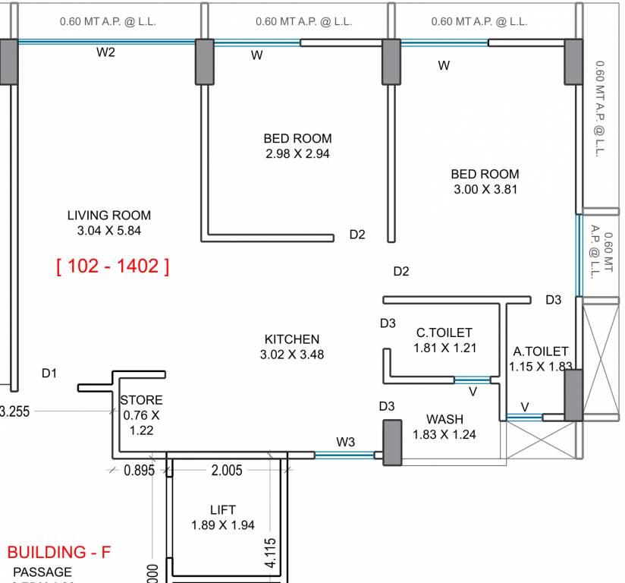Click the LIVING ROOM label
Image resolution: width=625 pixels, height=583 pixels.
tap(108, 216)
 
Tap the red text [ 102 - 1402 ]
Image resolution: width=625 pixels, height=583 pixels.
tap(112, 266)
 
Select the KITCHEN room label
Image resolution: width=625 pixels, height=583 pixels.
tap(291, 339)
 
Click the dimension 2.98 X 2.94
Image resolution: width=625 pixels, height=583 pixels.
tap(297, 153)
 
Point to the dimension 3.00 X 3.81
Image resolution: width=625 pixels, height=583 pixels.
tap(485, 189)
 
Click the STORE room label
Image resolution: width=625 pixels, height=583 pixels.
tap(141, 400)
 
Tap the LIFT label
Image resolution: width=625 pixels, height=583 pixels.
tap(222, 510)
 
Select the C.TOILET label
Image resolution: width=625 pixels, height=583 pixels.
tap(444, 332)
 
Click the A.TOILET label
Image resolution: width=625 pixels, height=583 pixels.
tap(541, 351)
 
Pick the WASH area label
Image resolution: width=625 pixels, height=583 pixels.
tap(444, 419)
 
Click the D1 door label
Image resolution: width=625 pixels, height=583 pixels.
tap(49, 373)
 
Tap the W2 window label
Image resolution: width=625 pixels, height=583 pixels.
tap(105, 52)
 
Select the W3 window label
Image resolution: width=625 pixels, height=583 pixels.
tap(346, 442)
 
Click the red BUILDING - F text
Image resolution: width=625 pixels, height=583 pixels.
tap(59, 552)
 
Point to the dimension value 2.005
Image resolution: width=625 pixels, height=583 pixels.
tap(226, 471)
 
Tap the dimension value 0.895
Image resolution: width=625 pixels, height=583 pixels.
tap(139, 471)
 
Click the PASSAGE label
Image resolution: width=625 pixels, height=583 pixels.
tap(42, 572)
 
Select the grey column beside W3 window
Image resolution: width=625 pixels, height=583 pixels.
tap(392, 441)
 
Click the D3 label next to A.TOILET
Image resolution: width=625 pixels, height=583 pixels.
tap(553, 300)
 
